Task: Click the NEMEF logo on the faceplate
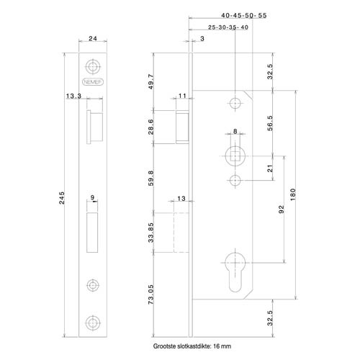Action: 93,82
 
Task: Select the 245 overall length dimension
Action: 62,198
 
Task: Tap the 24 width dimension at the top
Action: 93,38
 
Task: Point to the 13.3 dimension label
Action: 73,96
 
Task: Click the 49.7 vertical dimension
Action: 151,81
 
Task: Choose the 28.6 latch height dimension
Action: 151,127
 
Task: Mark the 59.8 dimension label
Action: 151,178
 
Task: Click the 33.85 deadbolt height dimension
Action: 151,233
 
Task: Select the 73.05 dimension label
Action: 151,294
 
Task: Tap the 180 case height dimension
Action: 293,194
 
